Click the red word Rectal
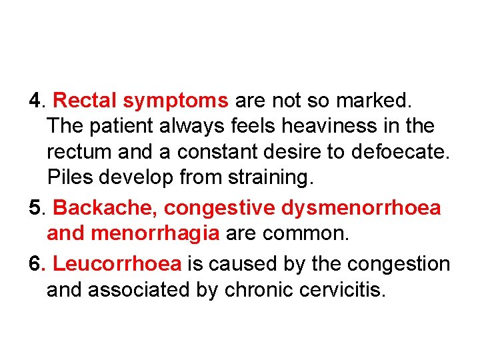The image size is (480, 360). pos(85,101)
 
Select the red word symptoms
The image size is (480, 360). pos(175,101)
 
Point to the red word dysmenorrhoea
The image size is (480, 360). pos(360,208)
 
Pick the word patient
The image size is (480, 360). pos(119,125)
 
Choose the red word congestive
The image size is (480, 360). pos(220,208)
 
